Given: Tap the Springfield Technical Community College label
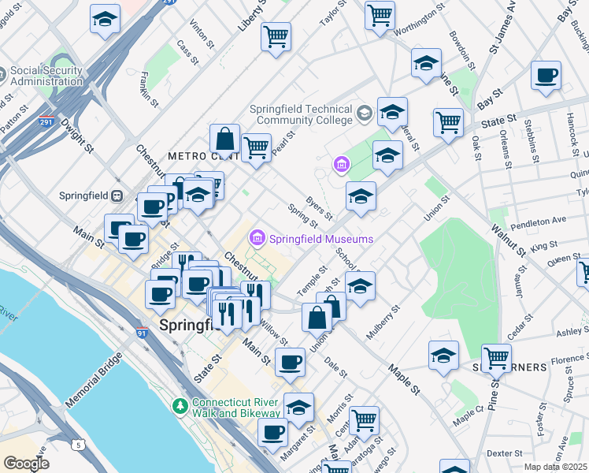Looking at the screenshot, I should click(301, 114).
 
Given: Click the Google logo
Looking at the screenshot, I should click(26, 464).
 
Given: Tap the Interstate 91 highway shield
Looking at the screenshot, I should click(143, 333).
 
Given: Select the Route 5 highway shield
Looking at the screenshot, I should click(77, 445).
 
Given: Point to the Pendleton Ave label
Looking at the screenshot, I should click(538, 222).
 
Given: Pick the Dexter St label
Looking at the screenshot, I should click(504, 453).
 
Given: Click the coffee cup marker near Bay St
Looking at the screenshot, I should click(546, 76).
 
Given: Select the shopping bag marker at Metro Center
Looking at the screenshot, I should click(224, 140).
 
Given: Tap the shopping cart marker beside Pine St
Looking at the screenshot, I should click(496, 359).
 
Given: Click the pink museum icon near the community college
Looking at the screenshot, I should click(341, 164).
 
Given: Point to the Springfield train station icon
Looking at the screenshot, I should click(117, 196).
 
